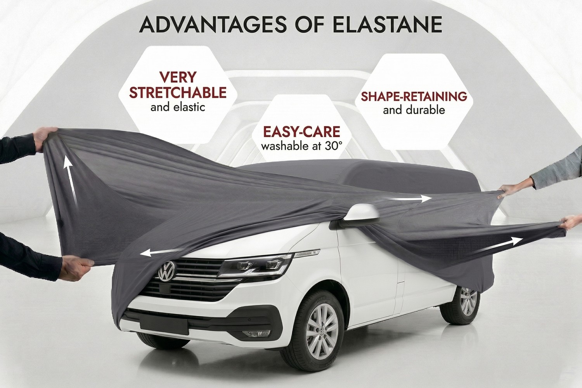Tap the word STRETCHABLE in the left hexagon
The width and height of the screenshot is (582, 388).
[178, 92]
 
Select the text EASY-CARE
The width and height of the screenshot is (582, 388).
[301, 132]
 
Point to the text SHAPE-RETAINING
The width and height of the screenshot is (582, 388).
[414, 96]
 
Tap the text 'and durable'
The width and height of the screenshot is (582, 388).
[414, 110]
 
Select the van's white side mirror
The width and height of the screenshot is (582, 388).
[361, 214]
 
